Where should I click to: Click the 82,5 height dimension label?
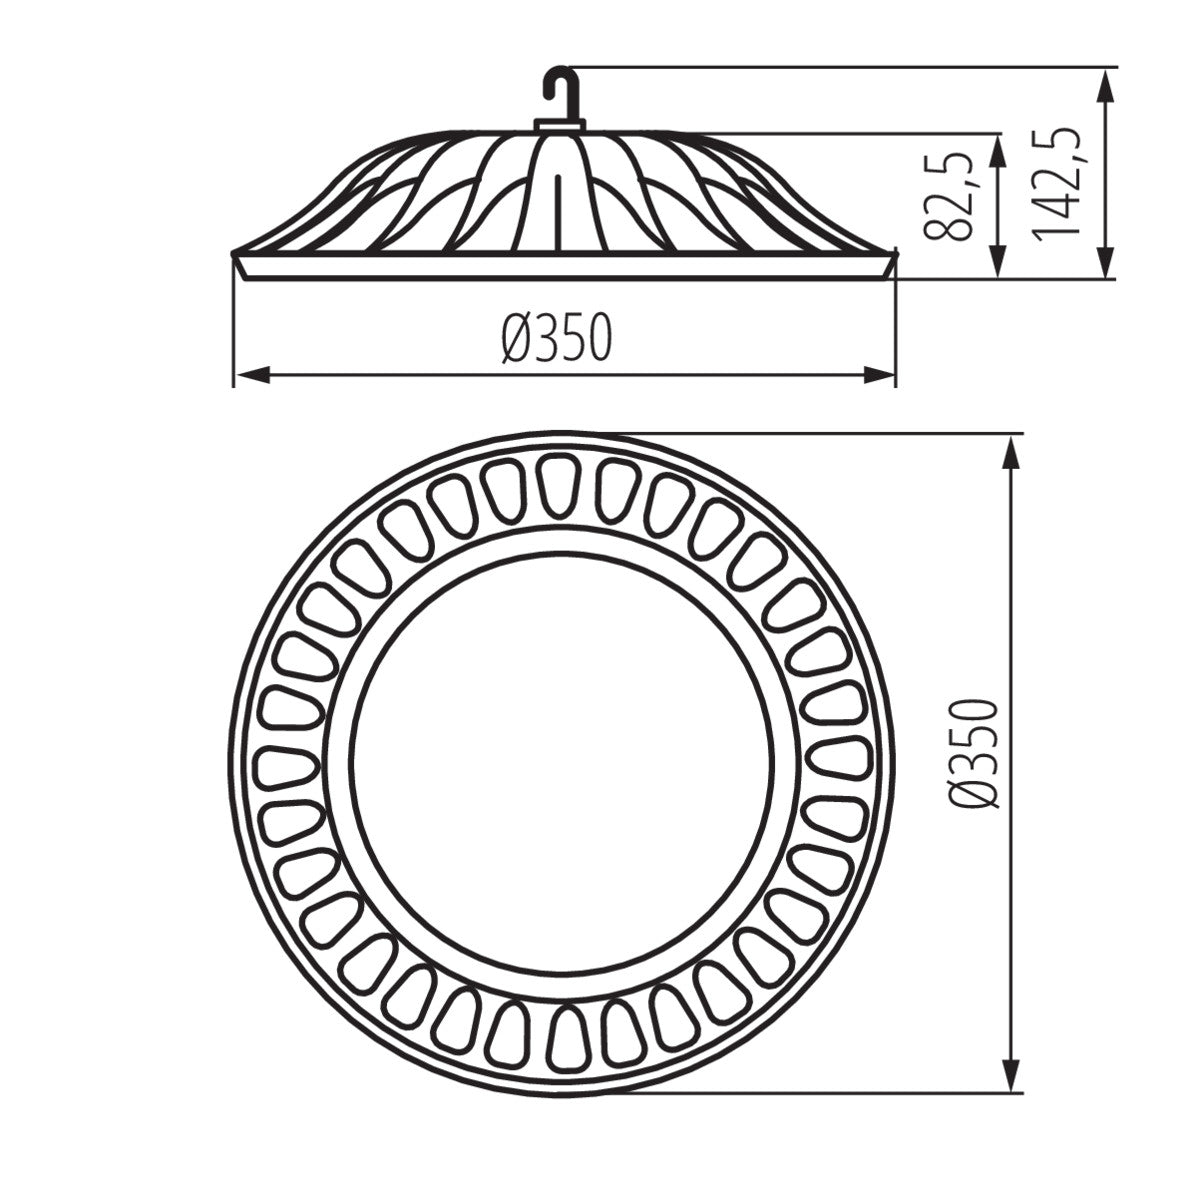coord(949,196)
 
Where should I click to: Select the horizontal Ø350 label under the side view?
coord(556,337)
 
